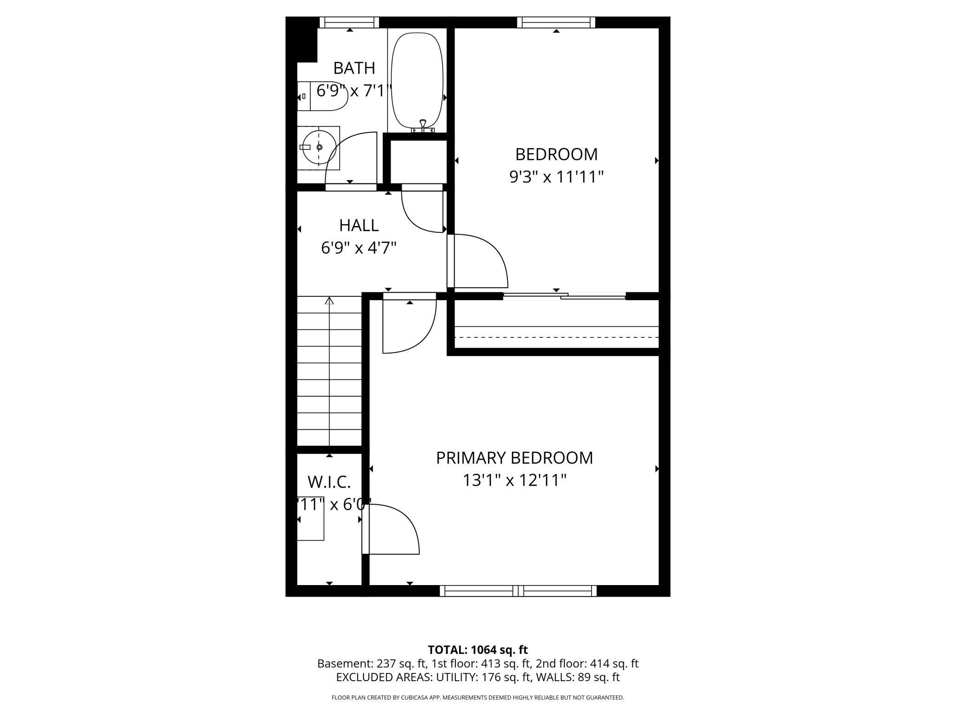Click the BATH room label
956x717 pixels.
click(x=354, y=68)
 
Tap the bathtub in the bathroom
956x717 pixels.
click(x=417, y=80)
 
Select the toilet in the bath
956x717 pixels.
click(x=321, y=97)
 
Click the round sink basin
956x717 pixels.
click(x=319, y=147)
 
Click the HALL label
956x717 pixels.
click(x=358, y=225)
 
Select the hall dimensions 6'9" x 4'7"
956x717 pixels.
click(x=358, y=248)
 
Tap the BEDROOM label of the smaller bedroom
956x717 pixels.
click(x=556, y=154)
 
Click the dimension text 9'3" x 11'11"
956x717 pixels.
click(x=556, y=177)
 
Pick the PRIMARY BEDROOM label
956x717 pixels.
click(x=514, y=458)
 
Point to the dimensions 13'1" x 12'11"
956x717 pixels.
click(x=514, y=481)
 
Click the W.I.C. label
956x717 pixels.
click(x=329, y=482)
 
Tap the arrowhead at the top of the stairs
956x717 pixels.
click(x=329, y=301)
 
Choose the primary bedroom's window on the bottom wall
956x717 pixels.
click(x=518, y=591)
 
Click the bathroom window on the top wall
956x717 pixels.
click(x=349, y=22)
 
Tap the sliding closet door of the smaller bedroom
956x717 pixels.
click(x=564, y=296)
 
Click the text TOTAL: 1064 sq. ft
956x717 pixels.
click(x=478, y=650)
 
